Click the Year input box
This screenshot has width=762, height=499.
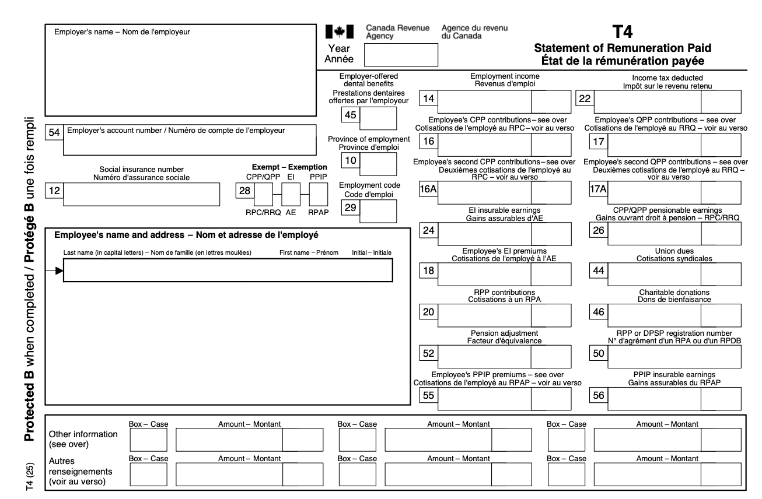click(400, 54)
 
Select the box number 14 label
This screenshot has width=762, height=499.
click(429, 100)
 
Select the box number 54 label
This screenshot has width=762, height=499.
click(54, 132)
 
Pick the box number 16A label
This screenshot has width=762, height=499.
click(429, 191)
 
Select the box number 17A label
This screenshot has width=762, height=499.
click(599, 191)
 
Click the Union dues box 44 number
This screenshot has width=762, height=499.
click(599, 271)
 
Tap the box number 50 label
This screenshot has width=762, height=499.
click(599, 354)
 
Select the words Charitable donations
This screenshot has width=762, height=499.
click(665, 292)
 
